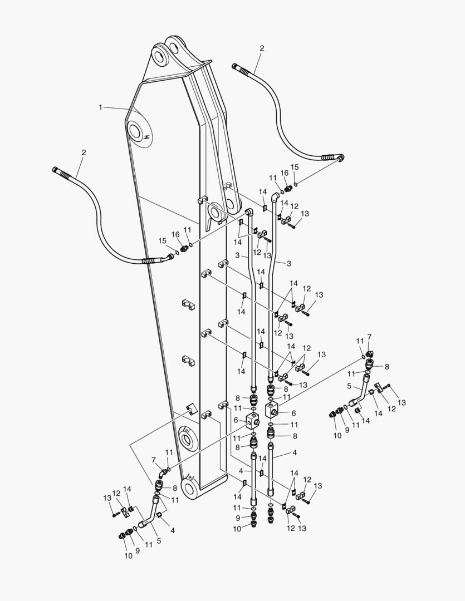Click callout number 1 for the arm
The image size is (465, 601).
[x=101, y=107]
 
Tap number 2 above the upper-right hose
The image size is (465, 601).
[x=262, y=48]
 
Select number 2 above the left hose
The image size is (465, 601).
[x=84, y=152]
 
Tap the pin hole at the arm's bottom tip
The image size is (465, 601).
[x=188, y=489]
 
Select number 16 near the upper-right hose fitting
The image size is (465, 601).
[x=284, y=173]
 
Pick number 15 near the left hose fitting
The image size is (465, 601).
[x=162, y=240]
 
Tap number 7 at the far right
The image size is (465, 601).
[x=369, y=337]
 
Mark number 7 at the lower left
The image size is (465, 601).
[x=153, y=460]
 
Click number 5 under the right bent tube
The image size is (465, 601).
[x=350, y=386]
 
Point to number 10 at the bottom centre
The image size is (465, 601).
[x=237, y=529]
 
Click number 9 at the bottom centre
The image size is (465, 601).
[x=237, y=518]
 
